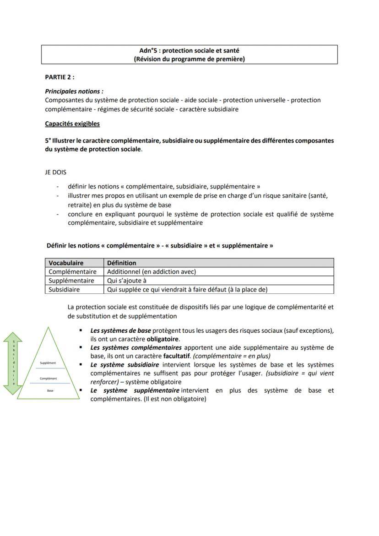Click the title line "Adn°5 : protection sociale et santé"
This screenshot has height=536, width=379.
(x=189, y=51)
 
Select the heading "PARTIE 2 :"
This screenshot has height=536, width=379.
(x=60, y=77)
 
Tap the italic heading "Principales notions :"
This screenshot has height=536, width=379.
(x=74, y=92)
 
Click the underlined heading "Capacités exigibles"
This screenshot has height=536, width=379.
(x=72, y=124)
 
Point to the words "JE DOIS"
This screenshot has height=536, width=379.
(x=55, y=173)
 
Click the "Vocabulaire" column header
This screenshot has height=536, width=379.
(x=66, y=263)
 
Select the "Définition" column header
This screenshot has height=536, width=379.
(x=121, y=263)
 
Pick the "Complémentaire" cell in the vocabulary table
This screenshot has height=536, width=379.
(x=72, y=272)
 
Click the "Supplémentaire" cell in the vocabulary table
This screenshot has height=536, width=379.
(x=71, y=281)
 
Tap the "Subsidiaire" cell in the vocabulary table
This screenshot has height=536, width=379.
(x=64, y=290)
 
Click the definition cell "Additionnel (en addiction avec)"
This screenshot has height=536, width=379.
(x=151, y=272)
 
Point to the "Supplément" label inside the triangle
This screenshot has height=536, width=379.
(x=48, y=363)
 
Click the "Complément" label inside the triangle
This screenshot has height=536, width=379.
(x=48, y=379)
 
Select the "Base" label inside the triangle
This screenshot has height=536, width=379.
(x=50, y=391)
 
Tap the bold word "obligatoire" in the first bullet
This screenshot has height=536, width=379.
(x=162, y=339)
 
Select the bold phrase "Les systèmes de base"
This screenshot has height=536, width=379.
(x=120, y=330)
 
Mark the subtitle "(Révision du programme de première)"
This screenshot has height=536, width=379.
(x=189, y=59)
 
